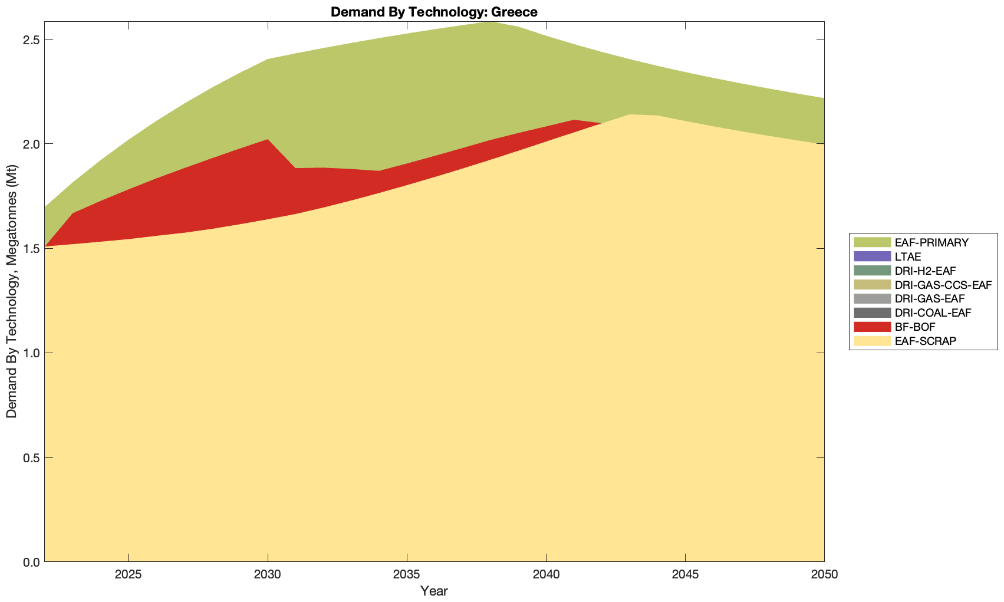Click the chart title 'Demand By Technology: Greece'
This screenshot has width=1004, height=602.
(434, 12)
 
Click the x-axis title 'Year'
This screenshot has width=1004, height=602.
(434, 591)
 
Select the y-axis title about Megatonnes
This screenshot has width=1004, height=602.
(12, 292)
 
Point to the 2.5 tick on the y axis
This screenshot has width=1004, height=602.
(30, 40)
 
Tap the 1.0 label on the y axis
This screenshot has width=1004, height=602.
(30, 353)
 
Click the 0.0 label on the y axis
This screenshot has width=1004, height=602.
(30, 562)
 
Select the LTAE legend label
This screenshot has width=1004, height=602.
(907, 256)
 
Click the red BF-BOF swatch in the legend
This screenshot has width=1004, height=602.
(872, 327)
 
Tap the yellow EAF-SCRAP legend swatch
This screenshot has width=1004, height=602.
(872, 341)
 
